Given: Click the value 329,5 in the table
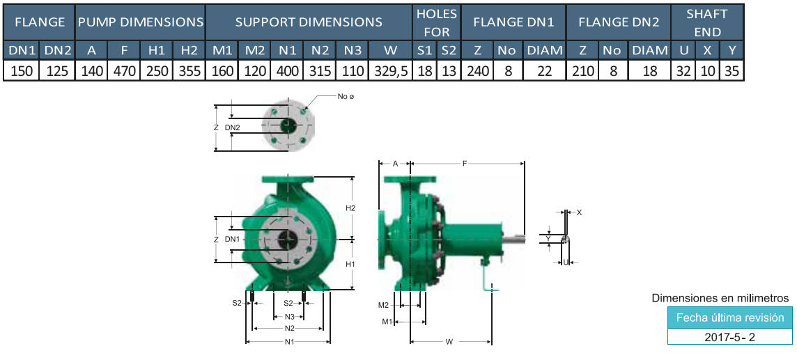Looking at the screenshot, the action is point(390,71).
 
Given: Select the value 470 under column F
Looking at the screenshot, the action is point(123,71).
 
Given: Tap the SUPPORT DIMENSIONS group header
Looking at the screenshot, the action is point(309,22).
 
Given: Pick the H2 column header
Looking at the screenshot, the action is point(189,49).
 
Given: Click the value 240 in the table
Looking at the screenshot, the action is point(477,71).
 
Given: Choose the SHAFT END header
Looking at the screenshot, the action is point(708,23).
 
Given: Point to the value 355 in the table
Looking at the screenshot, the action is point(189,71).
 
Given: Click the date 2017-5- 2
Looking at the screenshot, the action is point(729,337).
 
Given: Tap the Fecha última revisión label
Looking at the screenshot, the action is point(729,318).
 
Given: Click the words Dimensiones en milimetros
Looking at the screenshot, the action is point(720,298).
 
